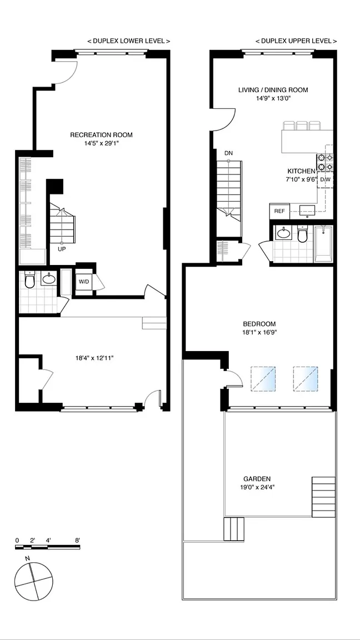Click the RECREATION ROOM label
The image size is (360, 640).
tap(101, 134)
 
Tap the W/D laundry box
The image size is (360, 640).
tap(84, 281)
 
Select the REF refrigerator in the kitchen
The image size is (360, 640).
tap(279, 211)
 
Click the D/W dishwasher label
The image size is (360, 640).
tap(325, 179)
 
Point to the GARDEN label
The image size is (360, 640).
tap(257, 479)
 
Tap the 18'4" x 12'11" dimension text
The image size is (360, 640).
tap(94, 358)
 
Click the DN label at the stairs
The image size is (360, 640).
tap(228, 153)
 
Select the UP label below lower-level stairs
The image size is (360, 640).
tap(62, 248)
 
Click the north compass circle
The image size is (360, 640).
tap(33, 581)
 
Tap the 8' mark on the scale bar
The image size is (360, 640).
tap(77, 540)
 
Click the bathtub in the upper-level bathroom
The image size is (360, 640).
tap(323, 244)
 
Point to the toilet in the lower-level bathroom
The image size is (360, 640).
tap(29, 280)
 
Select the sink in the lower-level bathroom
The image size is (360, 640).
tap(49, 278)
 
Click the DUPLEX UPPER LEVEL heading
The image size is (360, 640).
tap(296, 41)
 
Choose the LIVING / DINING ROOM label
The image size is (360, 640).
tap(273, 90)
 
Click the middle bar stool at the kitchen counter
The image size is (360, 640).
tap(302, 126)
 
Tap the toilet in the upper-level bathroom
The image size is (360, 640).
tap(302, 234)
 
